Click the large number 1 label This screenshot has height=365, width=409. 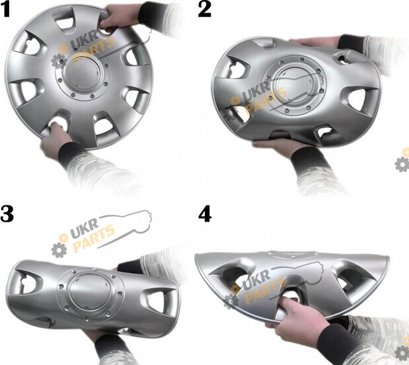coord(5,10)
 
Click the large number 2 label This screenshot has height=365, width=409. coord(205,10)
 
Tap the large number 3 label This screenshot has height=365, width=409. coord(7,214)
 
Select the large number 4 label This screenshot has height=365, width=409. coord(205,214)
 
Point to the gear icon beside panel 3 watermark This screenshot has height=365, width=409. coord(59,249)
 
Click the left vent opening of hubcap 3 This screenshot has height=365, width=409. coord(26,282)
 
